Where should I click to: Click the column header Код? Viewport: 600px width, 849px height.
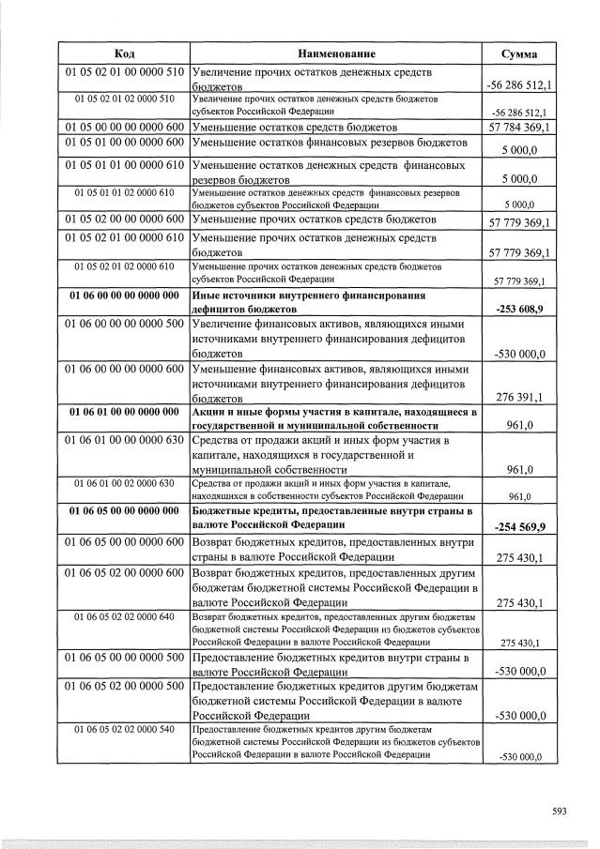tap(124, 53)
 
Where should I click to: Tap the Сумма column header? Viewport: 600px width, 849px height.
tap(518, 53)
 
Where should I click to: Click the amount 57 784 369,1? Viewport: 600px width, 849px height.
tap(518, 126)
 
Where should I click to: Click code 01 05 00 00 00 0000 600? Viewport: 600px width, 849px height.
tap(124, 126)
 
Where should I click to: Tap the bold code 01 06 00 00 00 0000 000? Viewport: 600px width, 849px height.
tap(124, 296)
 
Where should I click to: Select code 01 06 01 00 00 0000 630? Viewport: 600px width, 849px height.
tap(124, 440)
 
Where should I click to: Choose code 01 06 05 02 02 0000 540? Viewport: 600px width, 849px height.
tap(124, 728)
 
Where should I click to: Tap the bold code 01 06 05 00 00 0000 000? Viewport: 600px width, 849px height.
tap(124, 511)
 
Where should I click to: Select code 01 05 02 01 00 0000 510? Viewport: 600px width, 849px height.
tap(124, 71)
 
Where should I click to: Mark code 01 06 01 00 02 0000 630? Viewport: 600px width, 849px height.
tap(124, 483)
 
